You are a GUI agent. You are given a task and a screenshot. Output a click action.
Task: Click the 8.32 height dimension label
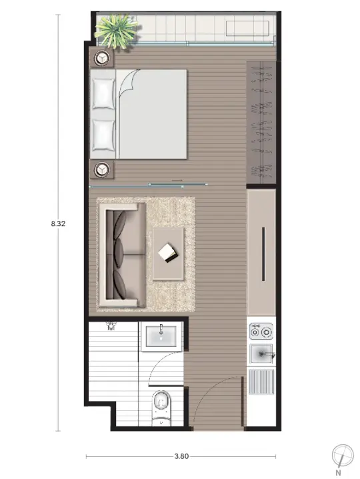coord(58,223)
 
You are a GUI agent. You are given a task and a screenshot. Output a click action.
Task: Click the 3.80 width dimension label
coord(181,456)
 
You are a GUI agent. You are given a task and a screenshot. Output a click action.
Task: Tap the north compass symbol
coord(343,456)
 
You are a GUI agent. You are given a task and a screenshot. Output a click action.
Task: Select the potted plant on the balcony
coord(117,31)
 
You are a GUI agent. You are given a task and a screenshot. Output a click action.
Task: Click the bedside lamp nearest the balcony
coord(102,58)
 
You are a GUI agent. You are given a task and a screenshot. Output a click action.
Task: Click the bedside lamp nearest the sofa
coord(102,169)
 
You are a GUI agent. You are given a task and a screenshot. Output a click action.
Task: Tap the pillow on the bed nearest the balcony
coord(103,94)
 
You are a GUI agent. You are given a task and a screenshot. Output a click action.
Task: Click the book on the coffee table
coord(168,253)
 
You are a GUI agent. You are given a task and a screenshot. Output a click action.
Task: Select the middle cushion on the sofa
coord(119,254)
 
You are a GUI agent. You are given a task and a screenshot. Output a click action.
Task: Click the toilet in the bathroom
coord(161,408)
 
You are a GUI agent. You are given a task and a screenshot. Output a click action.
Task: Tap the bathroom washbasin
coord(161,336)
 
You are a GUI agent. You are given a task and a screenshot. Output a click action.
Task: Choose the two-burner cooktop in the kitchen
coord(261,332)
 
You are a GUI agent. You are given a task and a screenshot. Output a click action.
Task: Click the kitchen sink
coord(262,354)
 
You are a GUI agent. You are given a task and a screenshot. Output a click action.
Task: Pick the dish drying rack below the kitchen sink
coord(261,382)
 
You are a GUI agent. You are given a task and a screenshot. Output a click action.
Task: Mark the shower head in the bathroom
coord(111,326)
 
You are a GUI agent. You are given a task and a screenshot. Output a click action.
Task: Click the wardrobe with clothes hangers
coord(261,122)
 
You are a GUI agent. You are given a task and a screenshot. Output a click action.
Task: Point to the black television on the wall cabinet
coord(263,254)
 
